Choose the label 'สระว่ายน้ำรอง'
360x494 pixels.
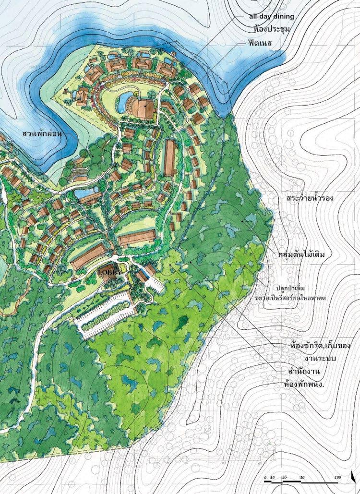[x=309, y=198]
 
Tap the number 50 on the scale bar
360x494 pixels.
[x=302, y=478]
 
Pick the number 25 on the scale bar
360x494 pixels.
[x=285, y=478]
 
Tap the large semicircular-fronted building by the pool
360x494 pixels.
[x=144, y=108]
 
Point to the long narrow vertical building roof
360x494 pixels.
[x=169, y=157]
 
